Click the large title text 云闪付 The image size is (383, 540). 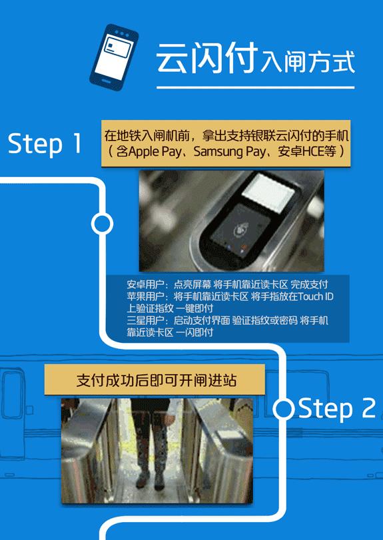tap(206, 59)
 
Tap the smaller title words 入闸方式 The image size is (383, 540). tap(307, 63)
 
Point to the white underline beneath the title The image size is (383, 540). tap(254, 87)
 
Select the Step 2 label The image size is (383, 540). tap(337, 409)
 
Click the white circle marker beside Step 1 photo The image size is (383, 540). tap(102, 224)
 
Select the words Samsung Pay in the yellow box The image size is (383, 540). tap(223, 152)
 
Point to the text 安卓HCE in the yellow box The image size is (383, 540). tap(298, 152)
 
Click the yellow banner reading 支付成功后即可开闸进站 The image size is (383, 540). tap(156, 381)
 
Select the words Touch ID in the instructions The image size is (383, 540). tap(316, 296)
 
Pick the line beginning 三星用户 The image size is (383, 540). tap(227, 320)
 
